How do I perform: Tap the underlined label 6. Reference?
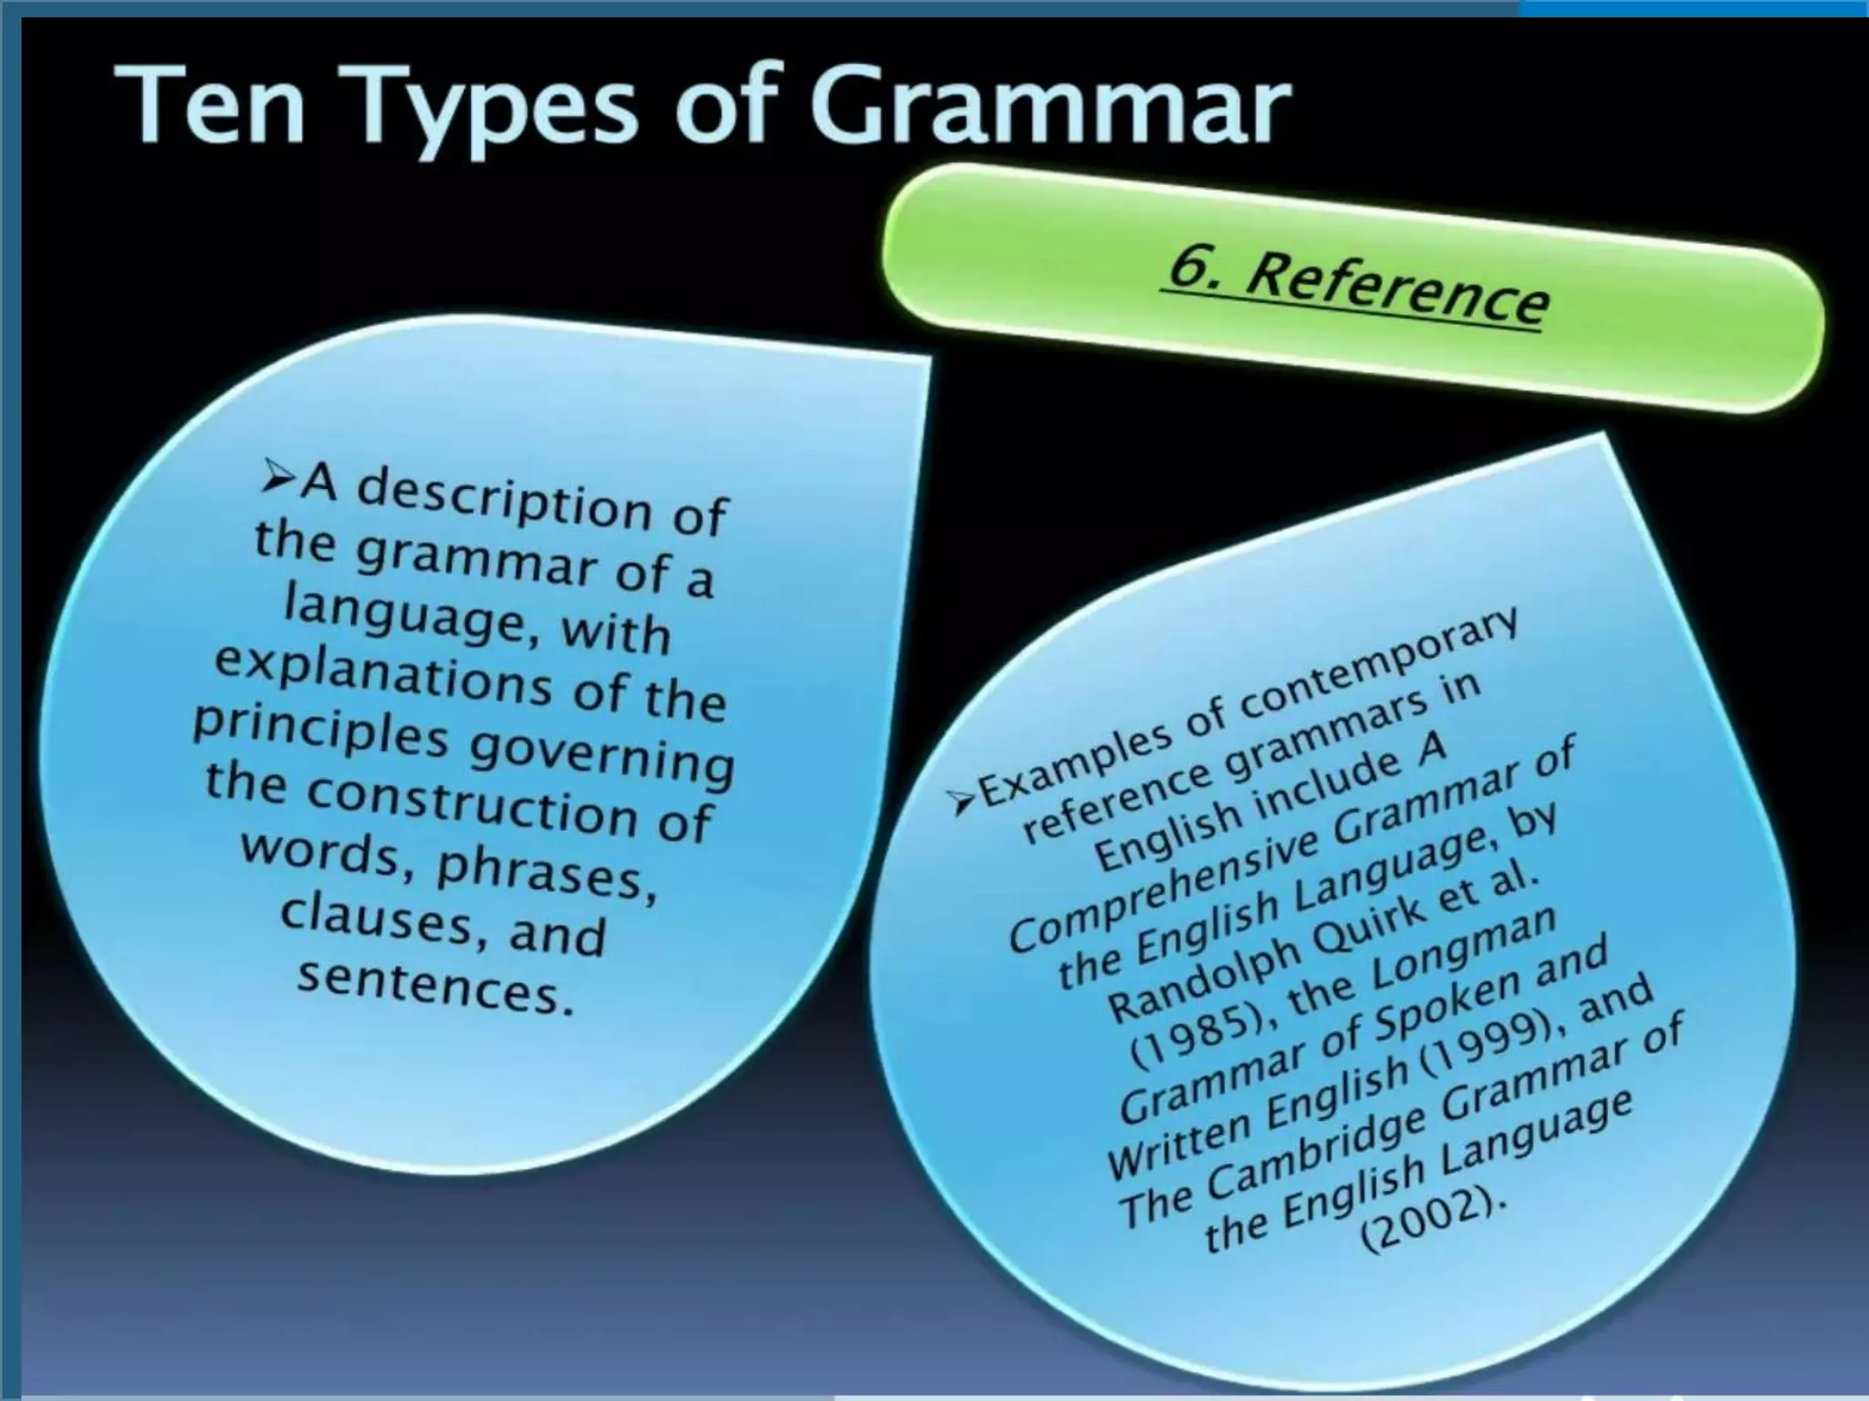pos(1354,286)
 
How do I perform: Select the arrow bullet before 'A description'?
pos(277,476)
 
